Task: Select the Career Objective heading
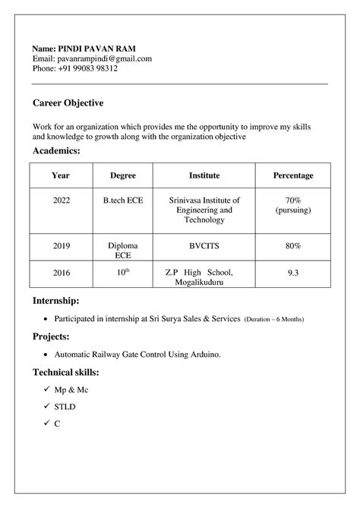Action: pos(68,103)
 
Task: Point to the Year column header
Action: pos(61,175)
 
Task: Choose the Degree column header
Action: pos(123,175)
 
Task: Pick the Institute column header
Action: pos(204,175)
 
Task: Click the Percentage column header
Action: pos(292,175)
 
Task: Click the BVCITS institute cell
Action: pos(204,246)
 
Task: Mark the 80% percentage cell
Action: pos(292,246)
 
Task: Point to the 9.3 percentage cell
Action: pos(292,272)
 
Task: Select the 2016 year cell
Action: pos(61,272)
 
